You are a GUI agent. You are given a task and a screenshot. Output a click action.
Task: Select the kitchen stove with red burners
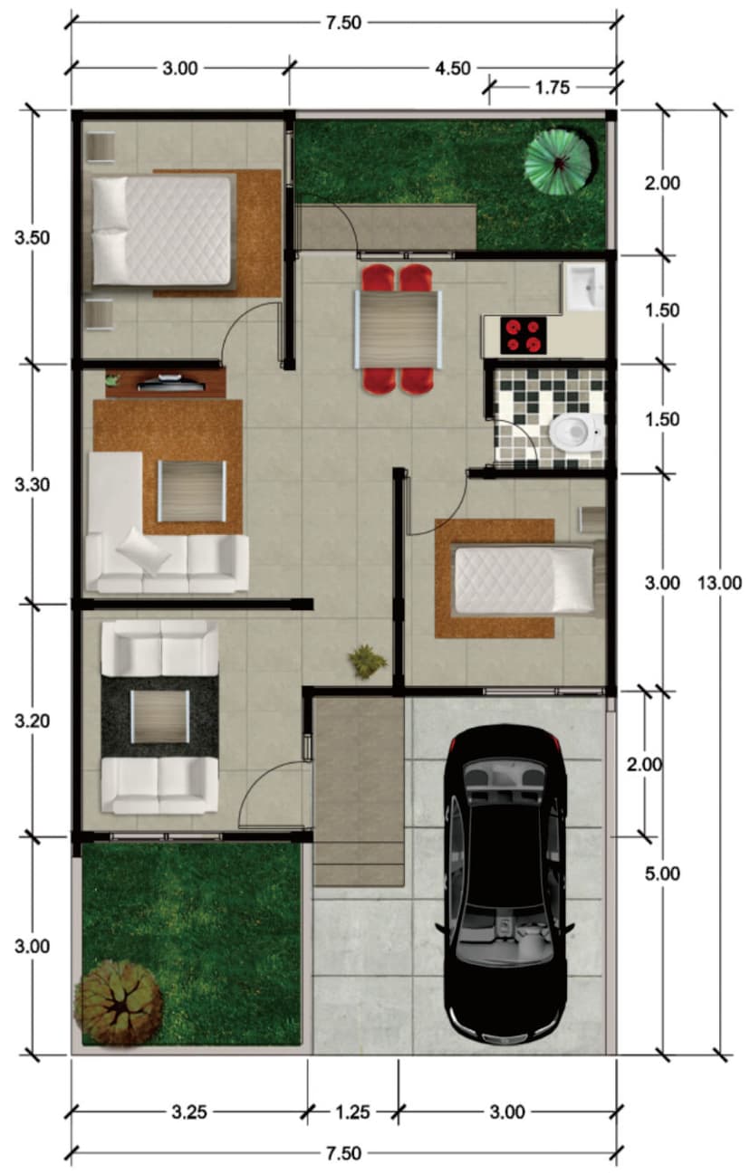[x=523, y=335]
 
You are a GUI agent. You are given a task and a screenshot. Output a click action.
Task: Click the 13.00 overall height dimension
[x=719, y=583]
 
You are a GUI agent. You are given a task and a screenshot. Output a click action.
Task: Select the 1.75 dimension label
[x=553, y=88]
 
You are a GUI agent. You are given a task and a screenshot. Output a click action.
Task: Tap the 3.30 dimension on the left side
[x=33, y=485]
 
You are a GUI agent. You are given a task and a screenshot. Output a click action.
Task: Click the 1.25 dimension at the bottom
[x=352, y=1112]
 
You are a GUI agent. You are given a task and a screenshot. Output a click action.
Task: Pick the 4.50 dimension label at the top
[x=453, y=68]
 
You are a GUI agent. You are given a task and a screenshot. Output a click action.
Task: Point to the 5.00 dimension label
[x=662, y=873]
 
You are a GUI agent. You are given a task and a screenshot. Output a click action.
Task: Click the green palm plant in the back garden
[x=560, y=161]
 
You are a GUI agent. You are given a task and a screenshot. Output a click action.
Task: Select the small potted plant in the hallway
[x=368, y=662]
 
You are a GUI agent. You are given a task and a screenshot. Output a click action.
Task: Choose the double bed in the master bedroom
[x=161, y=231]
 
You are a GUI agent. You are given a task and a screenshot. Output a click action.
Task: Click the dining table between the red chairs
[x=399, y=329]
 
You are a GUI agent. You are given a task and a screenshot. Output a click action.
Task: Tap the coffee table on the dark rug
[x=160, y=717]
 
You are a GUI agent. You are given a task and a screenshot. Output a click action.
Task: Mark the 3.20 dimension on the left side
[x=33, y=721]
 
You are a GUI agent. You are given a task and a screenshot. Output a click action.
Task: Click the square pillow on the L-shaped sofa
[x=142, y=551]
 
